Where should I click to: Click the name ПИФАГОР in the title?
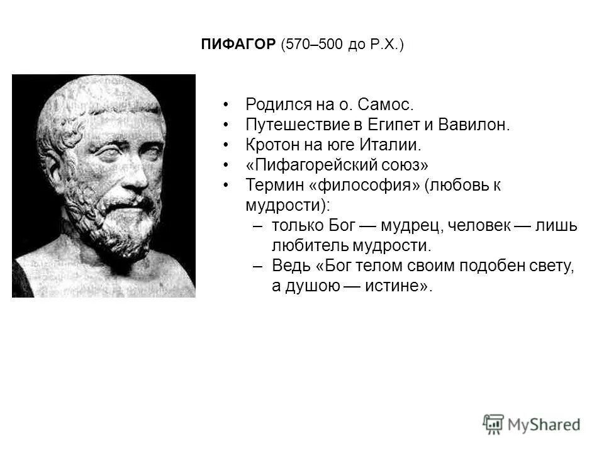coord(238,45)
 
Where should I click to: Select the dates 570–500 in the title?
coord(313,45)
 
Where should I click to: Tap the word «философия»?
coord(366,186)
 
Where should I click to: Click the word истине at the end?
coord(403,286)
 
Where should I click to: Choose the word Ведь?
coord(287,266)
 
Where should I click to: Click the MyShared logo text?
coord(544,424)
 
